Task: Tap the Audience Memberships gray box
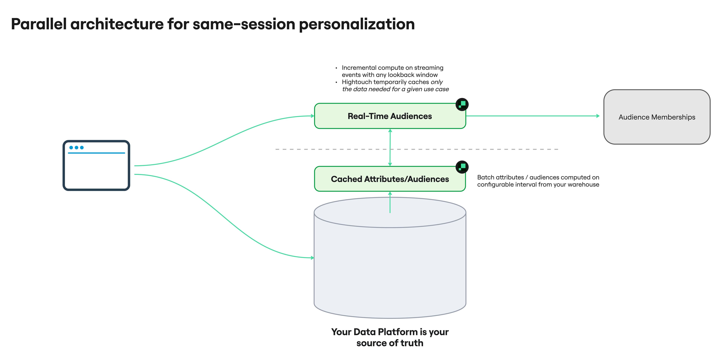[x=657, y=117]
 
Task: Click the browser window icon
[x=96, y=166]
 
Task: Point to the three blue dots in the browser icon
[x=76, y=148]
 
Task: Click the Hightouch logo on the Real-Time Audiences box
[x=462, y=104]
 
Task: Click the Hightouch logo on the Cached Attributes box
[x=462, y=167]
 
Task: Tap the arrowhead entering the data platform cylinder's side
[x=312, y=258]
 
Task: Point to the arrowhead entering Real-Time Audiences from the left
[x=312, y=116]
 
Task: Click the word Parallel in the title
[x=39, y=24]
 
